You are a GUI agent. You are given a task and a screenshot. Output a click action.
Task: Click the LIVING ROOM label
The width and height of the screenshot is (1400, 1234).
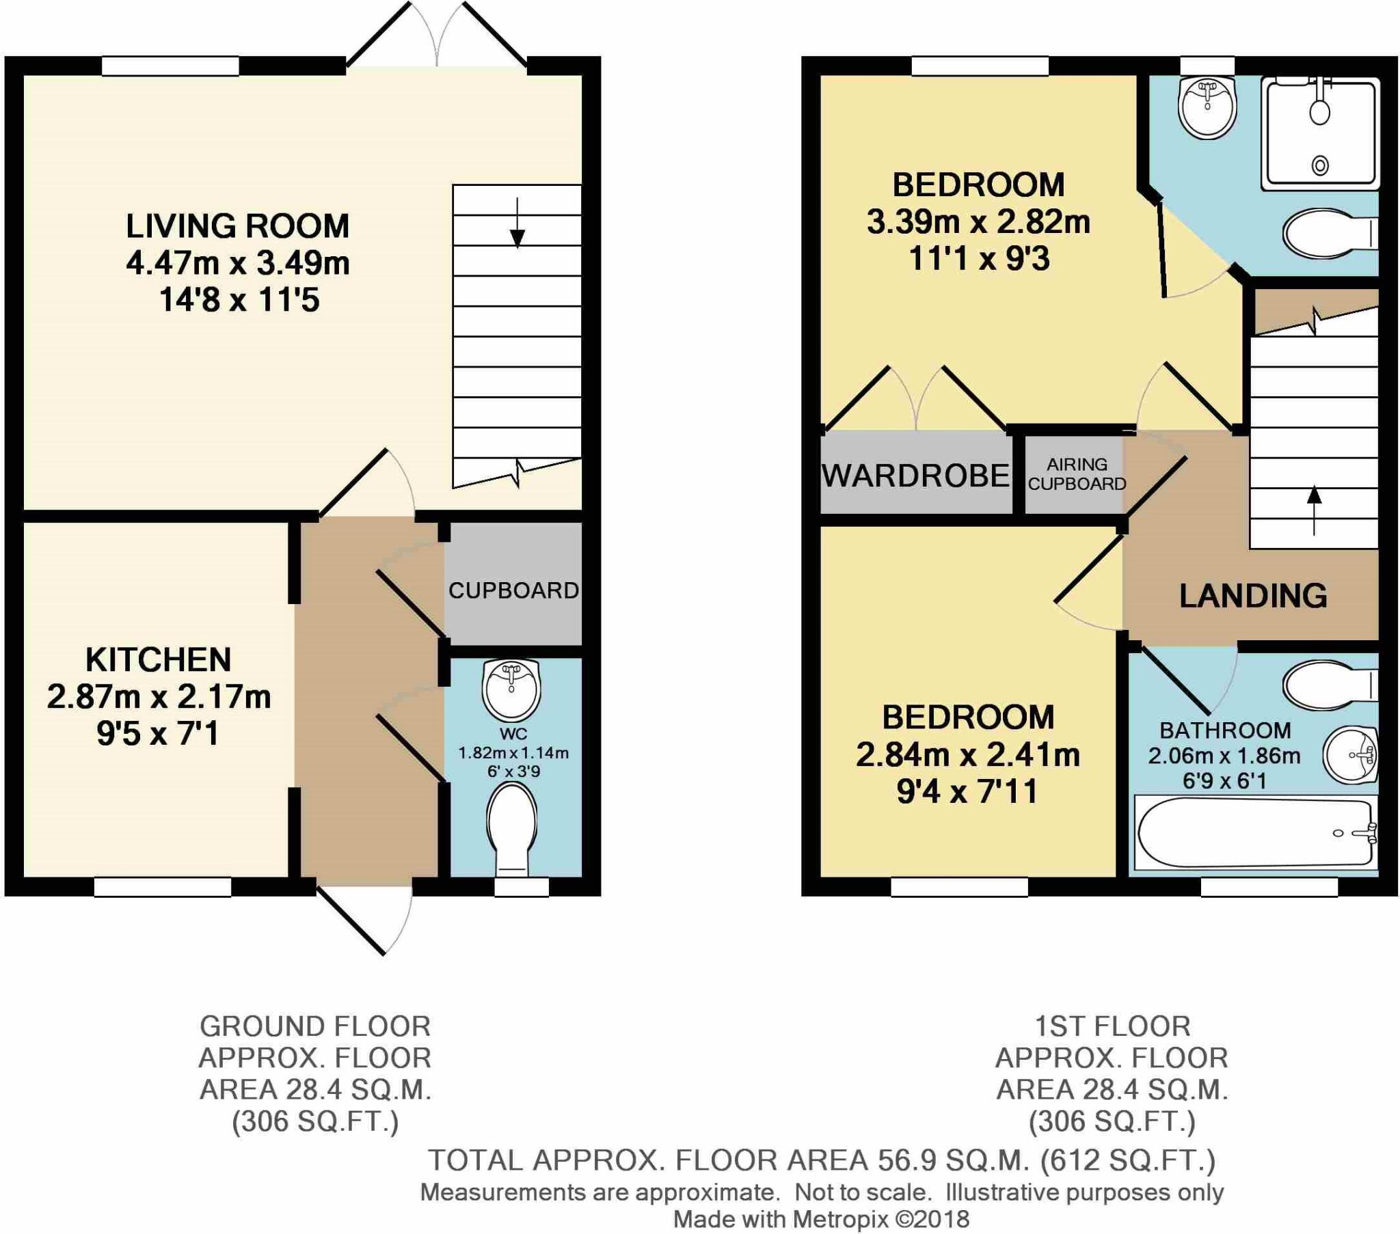pos(237,226)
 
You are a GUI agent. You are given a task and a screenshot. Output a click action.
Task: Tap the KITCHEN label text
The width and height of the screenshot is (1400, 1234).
pos(158,659)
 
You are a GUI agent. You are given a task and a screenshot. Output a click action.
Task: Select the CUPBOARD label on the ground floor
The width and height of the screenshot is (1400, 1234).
pos(513,590)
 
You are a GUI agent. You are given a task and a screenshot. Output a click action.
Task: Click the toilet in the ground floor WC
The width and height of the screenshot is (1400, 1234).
pos(511,829)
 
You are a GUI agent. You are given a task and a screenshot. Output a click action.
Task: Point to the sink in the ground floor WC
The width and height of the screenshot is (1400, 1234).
pos(511,687)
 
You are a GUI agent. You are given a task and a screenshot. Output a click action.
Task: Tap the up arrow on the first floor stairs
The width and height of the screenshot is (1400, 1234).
pos(1314,510)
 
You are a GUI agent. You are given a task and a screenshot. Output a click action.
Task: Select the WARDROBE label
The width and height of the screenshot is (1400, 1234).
pos(916,476)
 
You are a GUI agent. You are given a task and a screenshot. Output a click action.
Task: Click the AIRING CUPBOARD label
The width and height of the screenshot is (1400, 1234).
pos(1077,474)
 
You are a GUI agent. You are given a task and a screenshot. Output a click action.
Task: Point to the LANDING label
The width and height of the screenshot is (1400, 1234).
pos(1253,596)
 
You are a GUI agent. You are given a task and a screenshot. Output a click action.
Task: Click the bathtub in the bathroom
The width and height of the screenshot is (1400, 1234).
pos(1256,833)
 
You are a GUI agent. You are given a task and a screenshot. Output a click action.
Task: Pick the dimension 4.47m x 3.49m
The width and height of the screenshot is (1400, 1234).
pos(238,263)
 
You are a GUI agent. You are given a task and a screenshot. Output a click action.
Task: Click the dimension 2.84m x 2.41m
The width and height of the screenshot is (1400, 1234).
pos(968,754)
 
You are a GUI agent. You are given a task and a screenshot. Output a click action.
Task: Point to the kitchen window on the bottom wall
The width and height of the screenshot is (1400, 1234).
pos(162,887)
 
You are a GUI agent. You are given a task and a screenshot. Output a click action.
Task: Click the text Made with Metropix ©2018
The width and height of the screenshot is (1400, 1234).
pos(821,1219)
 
